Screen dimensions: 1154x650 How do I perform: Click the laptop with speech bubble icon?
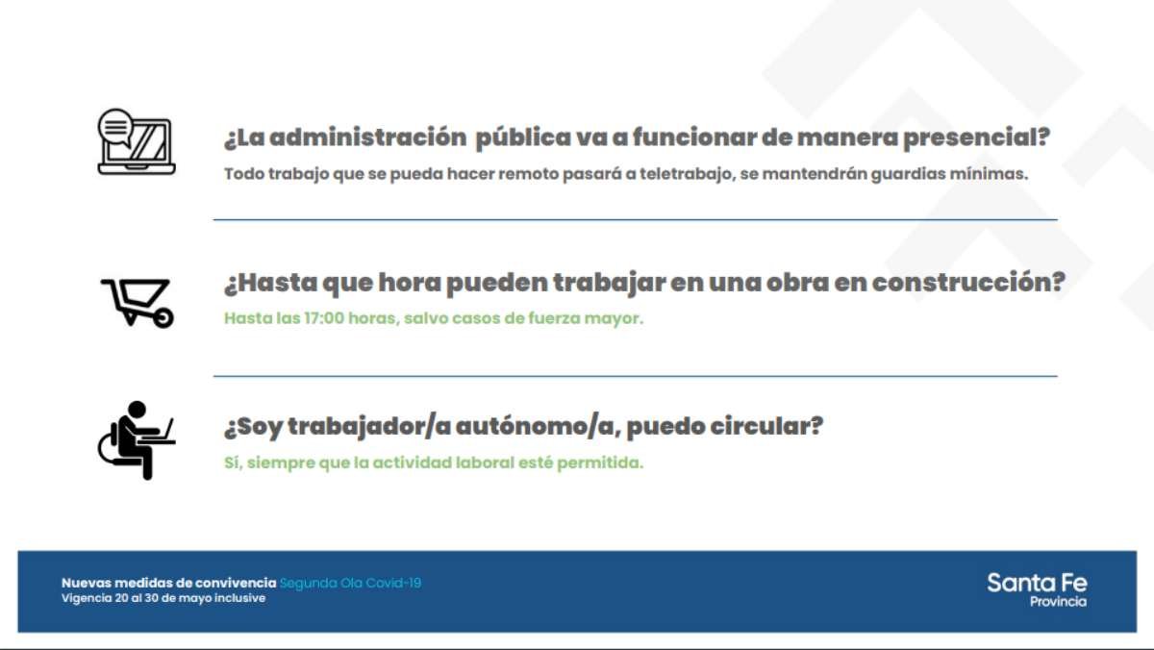click(137, 141)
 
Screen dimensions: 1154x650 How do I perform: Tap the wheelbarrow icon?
click(138, 304)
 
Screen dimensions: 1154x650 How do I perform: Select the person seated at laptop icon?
click(137, 439)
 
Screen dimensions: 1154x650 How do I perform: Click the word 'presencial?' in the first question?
click(976, 138)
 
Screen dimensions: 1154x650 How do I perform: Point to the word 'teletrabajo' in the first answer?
click(686, 174)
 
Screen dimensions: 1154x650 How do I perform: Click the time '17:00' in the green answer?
click(324, 318)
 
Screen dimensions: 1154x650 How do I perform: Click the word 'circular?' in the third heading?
click(766, 426)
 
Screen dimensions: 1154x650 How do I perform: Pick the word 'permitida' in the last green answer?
click(600, 463)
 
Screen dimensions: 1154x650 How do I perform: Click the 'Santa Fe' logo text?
click(1037, 583)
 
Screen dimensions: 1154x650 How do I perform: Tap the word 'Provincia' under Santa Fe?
click(1058, 602)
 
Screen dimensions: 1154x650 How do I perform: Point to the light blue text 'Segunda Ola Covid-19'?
click(350, 583)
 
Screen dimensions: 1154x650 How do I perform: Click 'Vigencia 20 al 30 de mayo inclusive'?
click(163, 598)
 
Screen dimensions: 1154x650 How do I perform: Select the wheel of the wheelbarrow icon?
click(163, 318)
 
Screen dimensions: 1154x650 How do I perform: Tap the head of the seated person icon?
click(137, 410)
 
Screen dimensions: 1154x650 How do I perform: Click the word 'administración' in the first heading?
click(367, 137)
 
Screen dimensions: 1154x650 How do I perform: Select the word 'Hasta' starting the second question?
click(271, 283)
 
